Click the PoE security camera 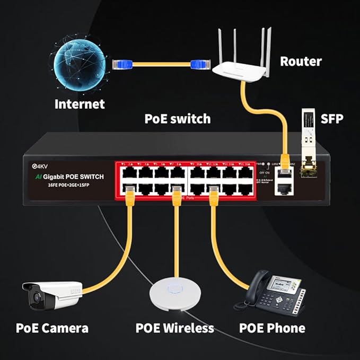(x=50, y=295)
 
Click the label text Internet (x=80, y=104)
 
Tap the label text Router (x=301, y=62)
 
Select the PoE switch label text (x=178, y=119)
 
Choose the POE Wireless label (x=174, y=328)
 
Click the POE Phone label (x=272, y=328)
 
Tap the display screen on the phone (x=279, y=285)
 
